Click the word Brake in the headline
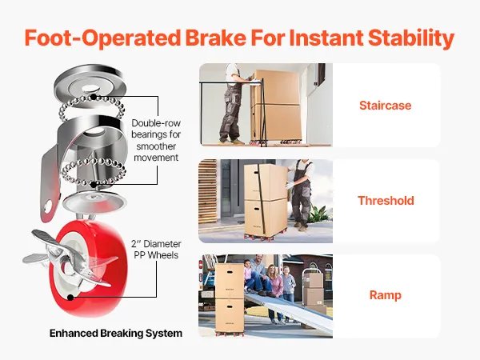(215, 38)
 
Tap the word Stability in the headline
(411, 38)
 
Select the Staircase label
(385, 106)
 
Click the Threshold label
(386, 201)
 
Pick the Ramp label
(385, 295)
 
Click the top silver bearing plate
(90, 84)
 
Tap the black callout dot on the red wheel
(70, 298)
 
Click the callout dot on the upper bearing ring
(94, 97)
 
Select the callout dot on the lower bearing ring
(94, 184)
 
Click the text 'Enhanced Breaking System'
(116, 333)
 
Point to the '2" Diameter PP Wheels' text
(156, 250)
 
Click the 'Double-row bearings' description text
(156, 140)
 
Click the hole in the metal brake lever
(46, 207)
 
